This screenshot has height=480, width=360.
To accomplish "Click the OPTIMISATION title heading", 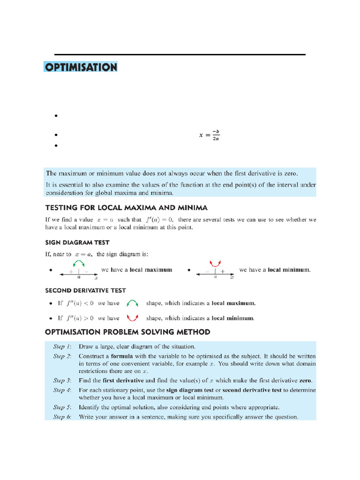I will [x=81, y=67].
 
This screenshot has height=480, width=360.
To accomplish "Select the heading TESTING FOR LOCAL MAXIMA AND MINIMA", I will [x=126, y=207].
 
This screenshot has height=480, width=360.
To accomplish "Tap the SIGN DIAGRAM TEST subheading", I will [x=77, y=242].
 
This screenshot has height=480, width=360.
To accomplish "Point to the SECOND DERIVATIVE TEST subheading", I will [x=85, y=291].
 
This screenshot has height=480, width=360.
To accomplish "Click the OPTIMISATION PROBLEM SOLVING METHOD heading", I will [x=127, y=332].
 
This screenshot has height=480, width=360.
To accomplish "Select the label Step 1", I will [x=62, y=347].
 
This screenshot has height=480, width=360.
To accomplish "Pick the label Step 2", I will [x=62, y=357].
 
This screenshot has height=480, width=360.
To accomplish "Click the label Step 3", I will [x=62, y=381].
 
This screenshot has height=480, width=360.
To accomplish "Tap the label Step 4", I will [x=62, y=390].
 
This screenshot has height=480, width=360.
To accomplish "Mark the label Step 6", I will [x=62, y=416].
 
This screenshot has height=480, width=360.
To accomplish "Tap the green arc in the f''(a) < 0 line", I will [x=133, y=303].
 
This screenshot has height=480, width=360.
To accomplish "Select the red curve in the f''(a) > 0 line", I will [x=133, y=318].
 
